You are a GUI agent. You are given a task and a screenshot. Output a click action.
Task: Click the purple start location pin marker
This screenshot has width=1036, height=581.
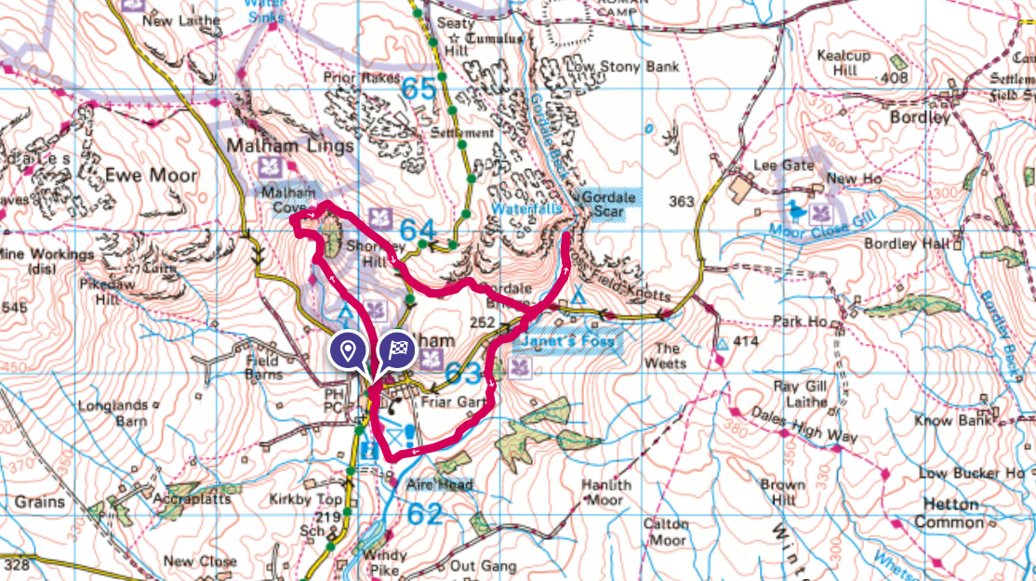click(x=348, y=351)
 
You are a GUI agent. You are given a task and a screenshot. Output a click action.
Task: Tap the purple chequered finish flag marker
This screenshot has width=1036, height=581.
click(x=397, y=351)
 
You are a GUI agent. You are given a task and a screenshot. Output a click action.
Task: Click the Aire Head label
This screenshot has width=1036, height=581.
click(x=439, y=484)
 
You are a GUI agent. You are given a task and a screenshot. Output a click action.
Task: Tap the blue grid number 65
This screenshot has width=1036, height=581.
click(x=419, y=90)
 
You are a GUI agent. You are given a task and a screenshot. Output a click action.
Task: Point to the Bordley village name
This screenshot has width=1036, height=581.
click(x=920, y=118)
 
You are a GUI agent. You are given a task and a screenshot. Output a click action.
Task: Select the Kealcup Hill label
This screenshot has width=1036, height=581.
click(x=843, y=63)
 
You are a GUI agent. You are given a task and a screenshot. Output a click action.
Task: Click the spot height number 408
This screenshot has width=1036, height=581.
click(x=893, y=78)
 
